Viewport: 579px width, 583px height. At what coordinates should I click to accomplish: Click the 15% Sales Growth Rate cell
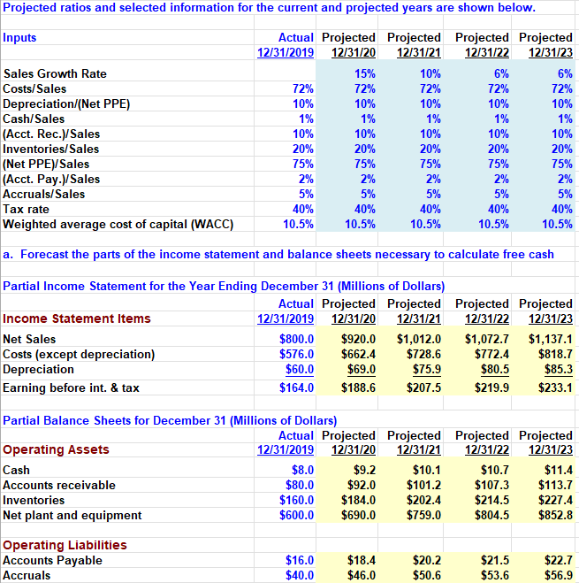pos(363,74)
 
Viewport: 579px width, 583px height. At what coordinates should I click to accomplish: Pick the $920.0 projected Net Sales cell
pos(359,340)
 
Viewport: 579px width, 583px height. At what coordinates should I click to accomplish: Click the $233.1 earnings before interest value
pos(554,388)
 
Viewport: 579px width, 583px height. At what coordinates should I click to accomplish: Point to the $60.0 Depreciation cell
pos(301,370)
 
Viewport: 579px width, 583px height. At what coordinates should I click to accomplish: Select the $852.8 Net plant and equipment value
pos(554,516)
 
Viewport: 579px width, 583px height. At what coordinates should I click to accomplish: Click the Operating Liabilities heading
pos(65,545)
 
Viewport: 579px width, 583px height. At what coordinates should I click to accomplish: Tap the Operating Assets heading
pos(56,449)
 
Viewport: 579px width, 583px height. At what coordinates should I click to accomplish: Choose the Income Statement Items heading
pos(77,318)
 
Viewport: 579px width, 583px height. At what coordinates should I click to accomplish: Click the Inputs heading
pos(20,38)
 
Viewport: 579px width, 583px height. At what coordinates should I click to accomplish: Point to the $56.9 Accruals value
pos(557,576)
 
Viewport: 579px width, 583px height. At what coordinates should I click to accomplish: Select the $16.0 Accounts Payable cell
pos(301,561)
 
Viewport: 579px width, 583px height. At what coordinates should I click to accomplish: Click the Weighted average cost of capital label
pos(118,225)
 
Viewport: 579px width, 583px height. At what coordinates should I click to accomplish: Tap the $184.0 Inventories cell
pos(359,501)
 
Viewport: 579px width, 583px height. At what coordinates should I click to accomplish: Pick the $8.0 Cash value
pos(303,471)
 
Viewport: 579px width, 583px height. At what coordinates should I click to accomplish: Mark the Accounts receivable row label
pos(59,486)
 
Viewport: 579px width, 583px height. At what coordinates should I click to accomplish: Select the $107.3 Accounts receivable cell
pos(490,486)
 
